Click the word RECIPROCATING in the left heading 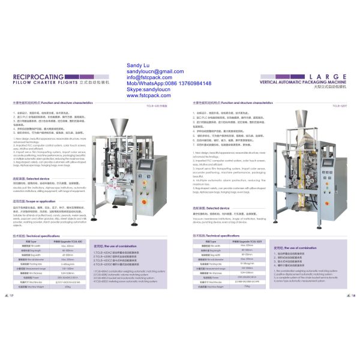[35, 77]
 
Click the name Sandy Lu [139, 64]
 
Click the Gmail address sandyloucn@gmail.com [158, 71]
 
